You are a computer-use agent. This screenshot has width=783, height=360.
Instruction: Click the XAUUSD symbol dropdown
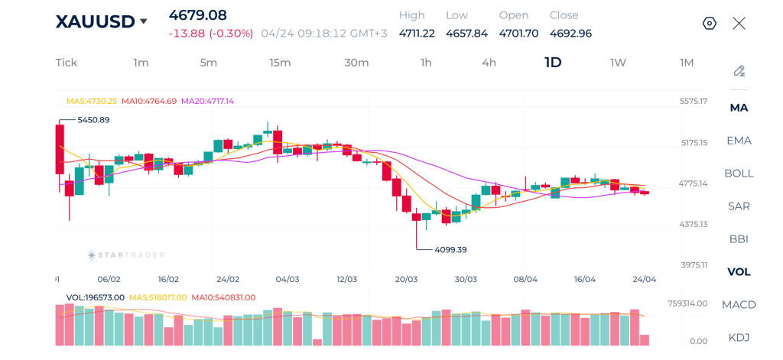pos(101,22)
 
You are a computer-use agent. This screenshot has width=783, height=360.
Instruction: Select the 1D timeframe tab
pos(553,63)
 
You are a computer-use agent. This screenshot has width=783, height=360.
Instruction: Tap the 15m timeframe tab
pos(280,63)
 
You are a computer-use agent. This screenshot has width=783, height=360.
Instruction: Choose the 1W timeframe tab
pos(618,63)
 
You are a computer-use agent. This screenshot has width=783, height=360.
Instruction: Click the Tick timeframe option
pos(67,63)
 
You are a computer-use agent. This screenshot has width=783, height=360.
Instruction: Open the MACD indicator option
pos(739,304)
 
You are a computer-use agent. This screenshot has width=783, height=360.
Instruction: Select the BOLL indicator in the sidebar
pos(739,173)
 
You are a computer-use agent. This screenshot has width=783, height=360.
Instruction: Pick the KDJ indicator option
pos(739,337)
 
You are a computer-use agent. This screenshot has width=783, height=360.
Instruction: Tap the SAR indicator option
pos(739,206)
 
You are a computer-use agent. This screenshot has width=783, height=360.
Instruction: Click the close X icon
pos(739,23)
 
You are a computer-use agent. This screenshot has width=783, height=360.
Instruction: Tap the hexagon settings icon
pos(709,23)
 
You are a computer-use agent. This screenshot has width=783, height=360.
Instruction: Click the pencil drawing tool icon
pos(739,71)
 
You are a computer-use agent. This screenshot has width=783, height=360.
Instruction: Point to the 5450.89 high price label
pos(93,120)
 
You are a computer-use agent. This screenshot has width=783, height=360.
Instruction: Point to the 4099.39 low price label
pos(450,249)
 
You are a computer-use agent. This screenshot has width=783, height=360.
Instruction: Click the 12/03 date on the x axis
pos(346,279)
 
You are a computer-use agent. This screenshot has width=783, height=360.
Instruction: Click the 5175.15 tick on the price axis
pos(694,142)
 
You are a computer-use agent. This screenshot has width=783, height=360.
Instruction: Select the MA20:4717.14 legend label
pos(207,101)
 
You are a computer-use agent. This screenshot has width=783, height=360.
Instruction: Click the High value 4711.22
pos(417,33)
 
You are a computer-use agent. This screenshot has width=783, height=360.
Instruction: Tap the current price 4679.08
pos(198,15)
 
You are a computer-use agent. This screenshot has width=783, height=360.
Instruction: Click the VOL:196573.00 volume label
pos(95,297)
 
